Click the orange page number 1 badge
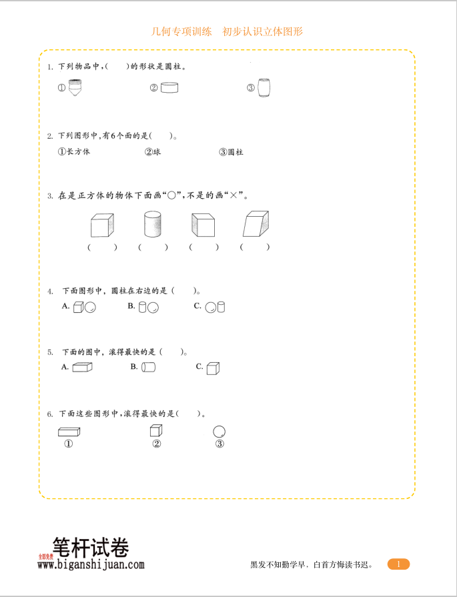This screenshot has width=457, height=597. click(398, 564)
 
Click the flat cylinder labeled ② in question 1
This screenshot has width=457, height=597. click(169, 87)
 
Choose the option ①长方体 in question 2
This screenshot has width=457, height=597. click(74, 152)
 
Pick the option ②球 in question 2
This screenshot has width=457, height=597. click(153, 152)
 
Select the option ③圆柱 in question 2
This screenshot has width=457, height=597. click(231, 152)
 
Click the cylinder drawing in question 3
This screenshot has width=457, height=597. click(153, 225)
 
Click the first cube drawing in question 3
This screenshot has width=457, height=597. click(101, 225)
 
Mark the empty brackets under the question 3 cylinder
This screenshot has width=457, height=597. click(153, 247)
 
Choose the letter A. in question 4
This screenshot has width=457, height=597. click(65, 306)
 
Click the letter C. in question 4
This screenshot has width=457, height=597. click(197, 306)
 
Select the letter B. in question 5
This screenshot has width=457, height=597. click(133, 367)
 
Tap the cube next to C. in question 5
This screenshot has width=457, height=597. click(213, 368)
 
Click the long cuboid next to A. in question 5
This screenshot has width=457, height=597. click(82, 367)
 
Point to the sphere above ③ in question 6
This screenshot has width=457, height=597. click(219, 432)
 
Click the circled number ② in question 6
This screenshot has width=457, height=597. click(156, 444)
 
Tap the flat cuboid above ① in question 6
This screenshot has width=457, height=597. click(69, 432)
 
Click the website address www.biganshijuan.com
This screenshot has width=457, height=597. click(91, 565)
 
